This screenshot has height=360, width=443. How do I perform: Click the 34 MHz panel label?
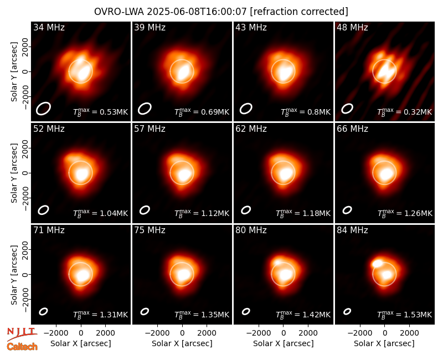pyautogui.click(x=49, y=27)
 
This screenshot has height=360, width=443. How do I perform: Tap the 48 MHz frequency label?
pyautogui.click(x=352, y=27)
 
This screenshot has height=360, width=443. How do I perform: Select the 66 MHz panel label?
pyautogui.click(x=352, y=129)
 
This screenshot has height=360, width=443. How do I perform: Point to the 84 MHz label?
pyautogui.click(x=352, y=230)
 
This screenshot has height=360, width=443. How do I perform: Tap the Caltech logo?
pyautogui.click(x=22, y=347)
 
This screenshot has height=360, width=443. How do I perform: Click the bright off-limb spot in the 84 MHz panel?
pyautogui.click(x=377, y=264)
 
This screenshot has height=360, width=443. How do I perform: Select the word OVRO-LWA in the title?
pyautogui.click(x=119, y=12)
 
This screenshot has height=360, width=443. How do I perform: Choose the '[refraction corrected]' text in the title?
pyautogui.click(x=299, y=12)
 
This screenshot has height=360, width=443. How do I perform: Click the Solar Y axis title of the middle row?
pyautogui.click(x=14, y=173)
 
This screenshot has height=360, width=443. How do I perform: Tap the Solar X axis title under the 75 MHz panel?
pyautogui.click(x=182, y=343)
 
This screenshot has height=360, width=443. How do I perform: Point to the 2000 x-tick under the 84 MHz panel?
pyautogui.click(x=409, y=333)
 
